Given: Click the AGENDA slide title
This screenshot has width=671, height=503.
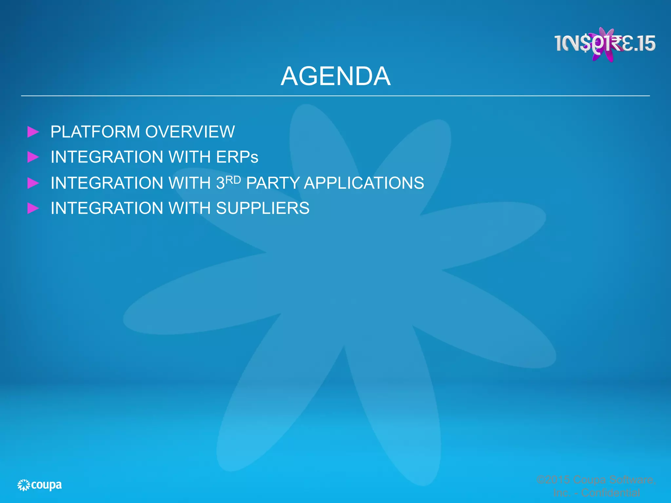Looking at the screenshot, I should (x=335, y=76).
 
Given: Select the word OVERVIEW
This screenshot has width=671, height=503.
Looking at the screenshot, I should (x=190, y=132).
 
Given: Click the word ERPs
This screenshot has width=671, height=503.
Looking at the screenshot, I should (x=237, y=157).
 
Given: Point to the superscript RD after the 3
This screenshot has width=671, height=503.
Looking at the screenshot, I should (x=233, y=180).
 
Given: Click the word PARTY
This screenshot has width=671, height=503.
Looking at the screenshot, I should (x=273, y=183).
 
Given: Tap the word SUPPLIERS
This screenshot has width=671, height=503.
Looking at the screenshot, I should (x=262, y=208).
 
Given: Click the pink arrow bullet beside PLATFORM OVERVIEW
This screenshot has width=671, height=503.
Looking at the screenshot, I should (x=33, y=132).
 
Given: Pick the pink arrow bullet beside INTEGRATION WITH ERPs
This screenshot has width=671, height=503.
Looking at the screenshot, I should (x=33, y=157).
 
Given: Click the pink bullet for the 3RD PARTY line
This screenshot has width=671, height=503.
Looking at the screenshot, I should (x=33, y=183).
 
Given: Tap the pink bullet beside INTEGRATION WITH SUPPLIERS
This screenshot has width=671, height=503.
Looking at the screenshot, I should (x=33, y=208).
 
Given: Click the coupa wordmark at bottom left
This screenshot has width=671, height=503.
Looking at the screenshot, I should (x=46, y=485).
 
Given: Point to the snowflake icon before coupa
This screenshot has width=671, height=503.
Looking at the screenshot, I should (x=24, y=485).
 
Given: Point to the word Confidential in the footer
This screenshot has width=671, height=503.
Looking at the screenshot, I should (x=610, y=493).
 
